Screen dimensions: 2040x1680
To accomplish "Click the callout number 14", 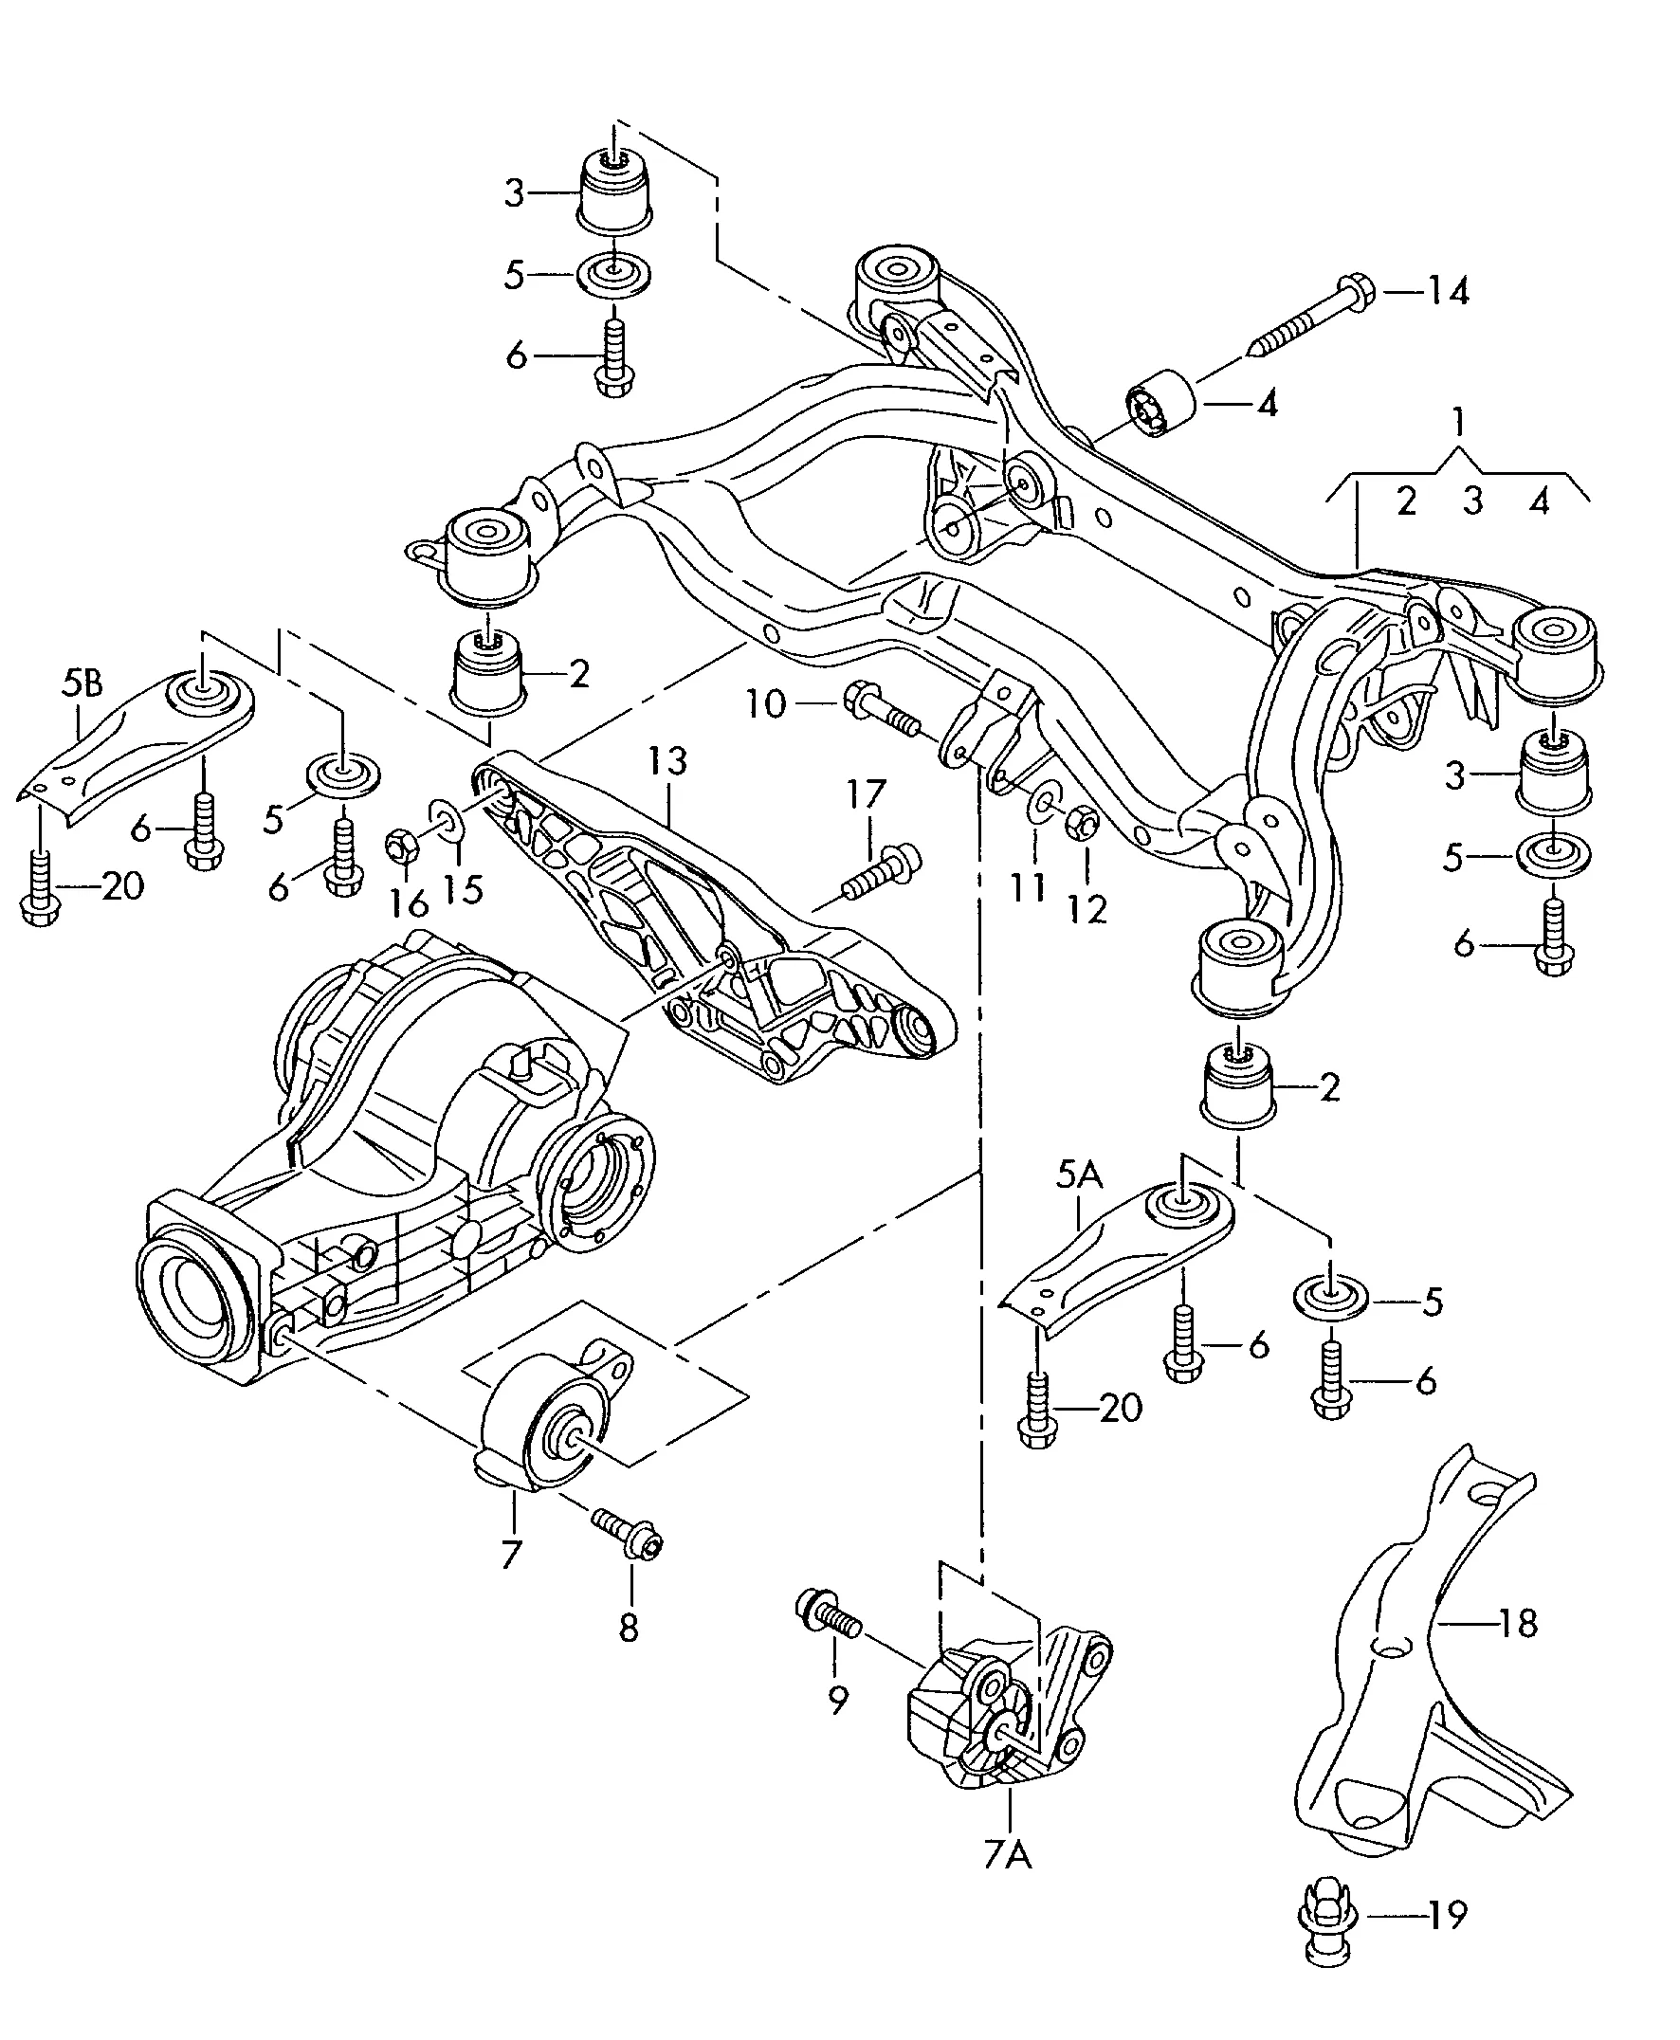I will pyautogui.click(x=1449, y=290).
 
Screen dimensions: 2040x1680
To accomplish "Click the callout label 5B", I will pyautogui.click(x=82, y=685).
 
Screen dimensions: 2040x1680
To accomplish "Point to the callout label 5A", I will pyautogui.click(x=1079, y=1176).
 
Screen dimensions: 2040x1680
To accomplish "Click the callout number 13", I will pyautogui.click(x=667, y=760).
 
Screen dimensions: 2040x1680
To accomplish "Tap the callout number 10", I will pyautogui.click(x=765, y=704).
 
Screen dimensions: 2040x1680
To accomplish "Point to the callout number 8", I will pyautogui.click(x=629, y=1630).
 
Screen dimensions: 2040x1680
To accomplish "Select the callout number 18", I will pyautogui.click(x=1518, y=1623).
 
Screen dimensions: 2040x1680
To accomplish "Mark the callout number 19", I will pyautogui.click(x=1448, y=1911).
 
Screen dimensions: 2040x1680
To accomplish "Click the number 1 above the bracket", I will pyautogui.click(x=1458, y=423).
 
